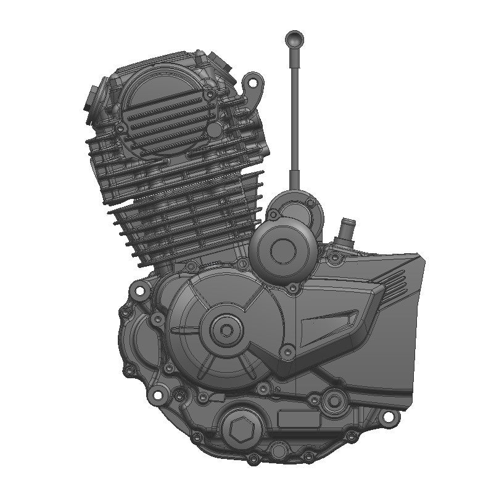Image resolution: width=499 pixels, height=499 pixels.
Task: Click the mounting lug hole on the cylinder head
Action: (252, 81)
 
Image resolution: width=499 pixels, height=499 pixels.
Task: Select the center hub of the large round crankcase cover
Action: (226, 330)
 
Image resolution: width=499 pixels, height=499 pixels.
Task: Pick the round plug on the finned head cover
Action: (213, 130)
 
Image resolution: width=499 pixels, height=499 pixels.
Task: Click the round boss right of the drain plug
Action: (334, 401)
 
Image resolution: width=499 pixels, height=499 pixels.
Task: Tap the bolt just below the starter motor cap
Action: (292, 287)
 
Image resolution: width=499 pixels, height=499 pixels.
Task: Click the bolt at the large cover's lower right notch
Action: (286, 352)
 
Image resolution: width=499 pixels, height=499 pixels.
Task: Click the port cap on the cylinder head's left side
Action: (92, 99)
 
